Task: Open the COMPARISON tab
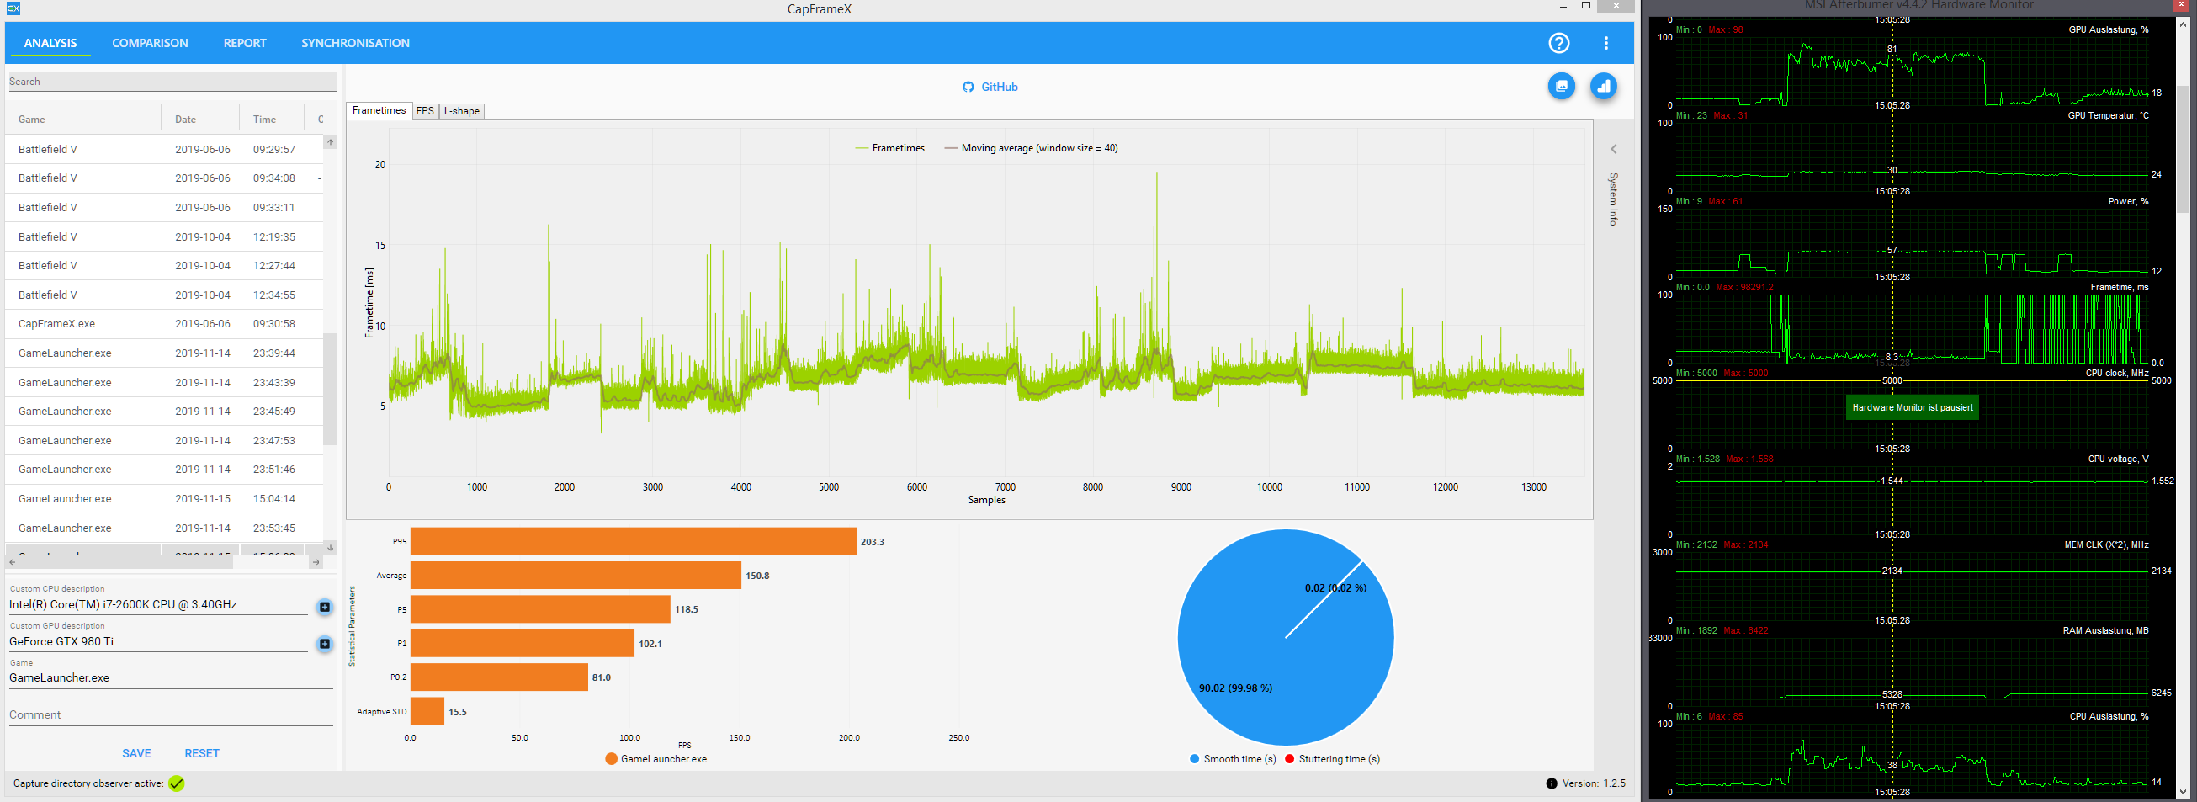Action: [150, 43]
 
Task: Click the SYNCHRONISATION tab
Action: [355, 43]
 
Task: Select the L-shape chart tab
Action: [461, 111]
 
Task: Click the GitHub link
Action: [990, 87]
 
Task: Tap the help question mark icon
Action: [1558, 43]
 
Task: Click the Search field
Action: [171, 82]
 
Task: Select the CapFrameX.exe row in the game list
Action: [57, 324]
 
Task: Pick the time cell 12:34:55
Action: [273, 295]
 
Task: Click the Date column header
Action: [185, 120]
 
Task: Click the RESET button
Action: [202, 753]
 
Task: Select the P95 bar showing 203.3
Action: [633, 542]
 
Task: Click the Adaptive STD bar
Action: [427, 712]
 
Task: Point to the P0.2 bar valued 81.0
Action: [499, 677]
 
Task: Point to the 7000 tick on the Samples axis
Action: [1005, 487]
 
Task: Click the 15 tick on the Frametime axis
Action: [379, 246]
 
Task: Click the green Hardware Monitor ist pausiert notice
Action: [1912, 408]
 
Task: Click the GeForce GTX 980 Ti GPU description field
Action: [158, 641]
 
